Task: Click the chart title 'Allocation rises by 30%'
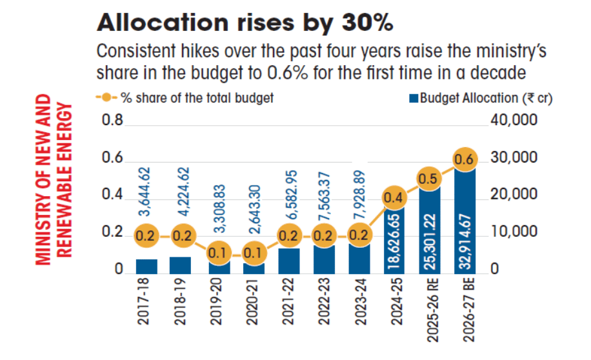[245, 23]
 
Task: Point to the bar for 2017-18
[146, 265]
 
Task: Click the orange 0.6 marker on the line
[465, 159]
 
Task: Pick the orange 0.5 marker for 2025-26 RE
[430, 178]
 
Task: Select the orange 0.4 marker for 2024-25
[394, 197]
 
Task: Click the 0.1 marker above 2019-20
[217, 254]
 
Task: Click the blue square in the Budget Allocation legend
[413, 99]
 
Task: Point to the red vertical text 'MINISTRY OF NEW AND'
[43, 179]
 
